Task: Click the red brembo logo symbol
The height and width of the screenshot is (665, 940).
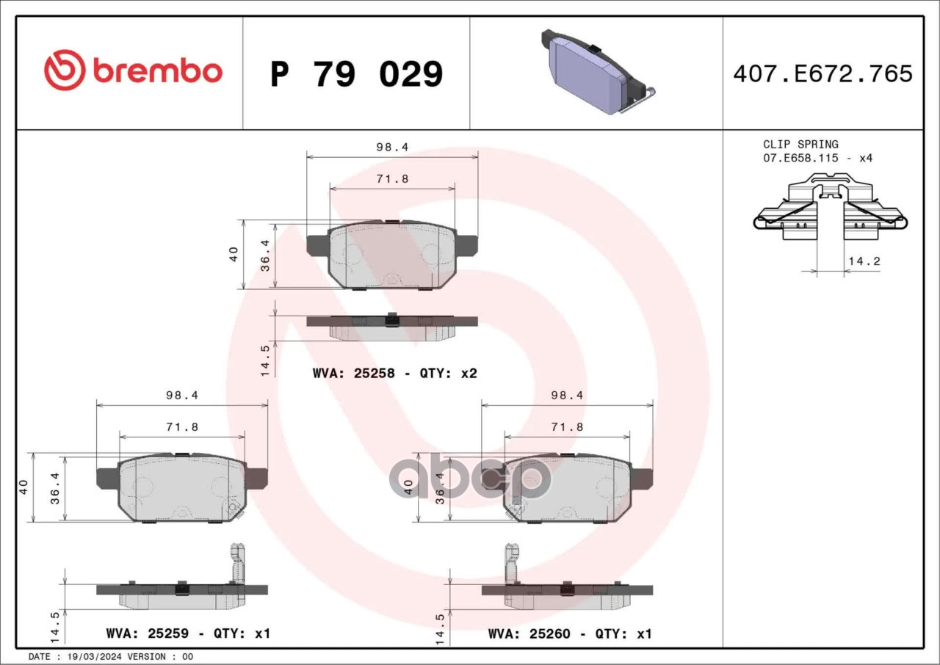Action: [65, 70]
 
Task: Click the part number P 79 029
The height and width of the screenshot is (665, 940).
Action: [357, 74]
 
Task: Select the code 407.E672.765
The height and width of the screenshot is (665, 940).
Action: [823, 73]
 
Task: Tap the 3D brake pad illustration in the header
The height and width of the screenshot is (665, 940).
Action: [599, 72]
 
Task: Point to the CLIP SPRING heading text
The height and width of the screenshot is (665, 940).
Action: [800, 145]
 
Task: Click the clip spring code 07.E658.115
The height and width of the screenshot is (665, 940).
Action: [800, 158]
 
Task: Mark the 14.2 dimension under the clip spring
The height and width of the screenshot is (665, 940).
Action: [864, 261]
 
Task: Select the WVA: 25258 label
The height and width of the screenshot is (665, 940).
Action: [354, 373]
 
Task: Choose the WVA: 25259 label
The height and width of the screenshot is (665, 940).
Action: [148, 633]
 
